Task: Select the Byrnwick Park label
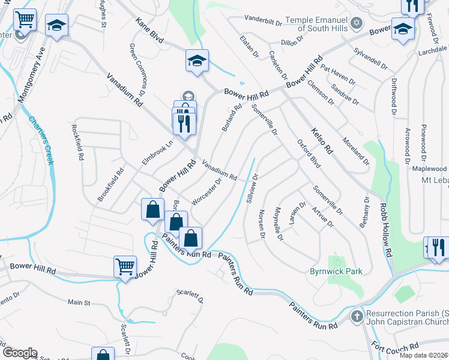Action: pos(336,272)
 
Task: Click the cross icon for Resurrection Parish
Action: pos(356,316)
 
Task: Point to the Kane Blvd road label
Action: pos(149,30)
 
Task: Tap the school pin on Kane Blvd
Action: pos(197,61)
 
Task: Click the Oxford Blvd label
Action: pos(309,154)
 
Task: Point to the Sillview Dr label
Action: pos(252,190)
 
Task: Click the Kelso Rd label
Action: pos(321,140)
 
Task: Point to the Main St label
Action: pos(79,302)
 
